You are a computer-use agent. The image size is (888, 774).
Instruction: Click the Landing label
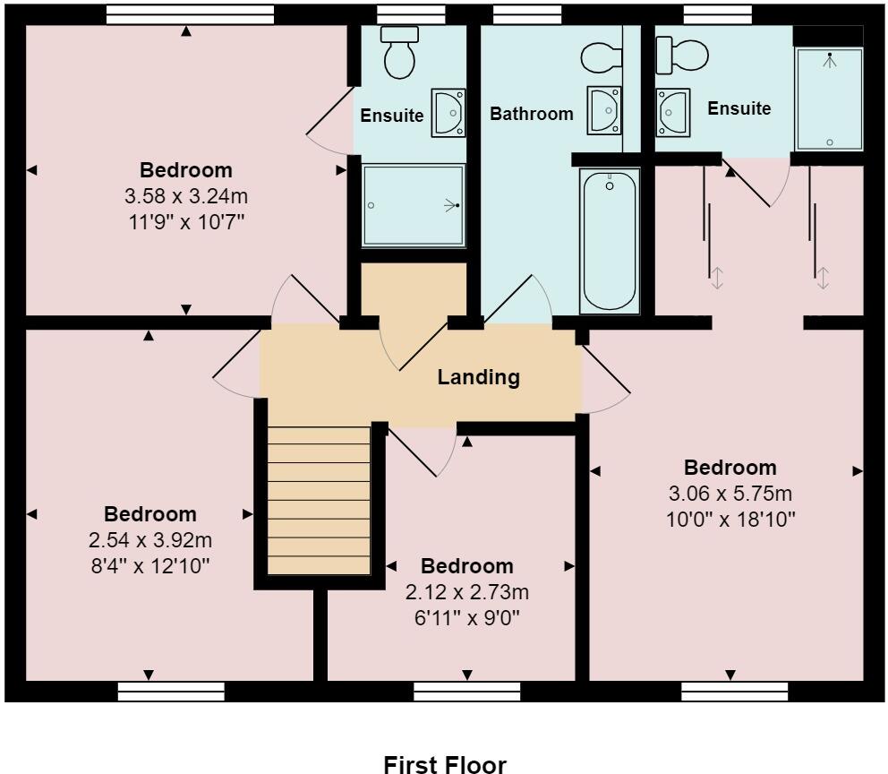(478, 377)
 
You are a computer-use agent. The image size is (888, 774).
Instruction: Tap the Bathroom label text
(531, 114)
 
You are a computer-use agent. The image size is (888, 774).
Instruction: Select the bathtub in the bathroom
(610, 242)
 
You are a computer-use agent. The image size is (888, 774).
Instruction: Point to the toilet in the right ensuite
(672, 56)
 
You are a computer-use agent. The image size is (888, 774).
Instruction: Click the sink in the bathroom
(602, 110)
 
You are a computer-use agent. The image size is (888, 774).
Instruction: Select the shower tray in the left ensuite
(414, 205)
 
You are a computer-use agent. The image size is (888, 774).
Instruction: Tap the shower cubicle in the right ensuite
(830, 99)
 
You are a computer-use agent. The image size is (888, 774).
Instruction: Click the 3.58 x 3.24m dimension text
(186, 193)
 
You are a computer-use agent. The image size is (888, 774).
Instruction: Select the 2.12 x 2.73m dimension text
(467, 592)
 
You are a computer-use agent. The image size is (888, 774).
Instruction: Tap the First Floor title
(445, 764)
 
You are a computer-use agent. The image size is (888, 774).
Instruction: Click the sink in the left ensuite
(448, 112)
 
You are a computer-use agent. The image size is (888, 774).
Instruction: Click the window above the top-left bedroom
(189, 13)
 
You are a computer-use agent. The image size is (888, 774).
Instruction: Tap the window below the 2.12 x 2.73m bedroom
(467, 691)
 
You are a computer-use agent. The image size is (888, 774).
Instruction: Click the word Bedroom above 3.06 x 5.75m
(730, 468)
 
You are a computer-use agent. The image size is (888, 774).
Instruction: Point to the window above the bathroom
(527, 13)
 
